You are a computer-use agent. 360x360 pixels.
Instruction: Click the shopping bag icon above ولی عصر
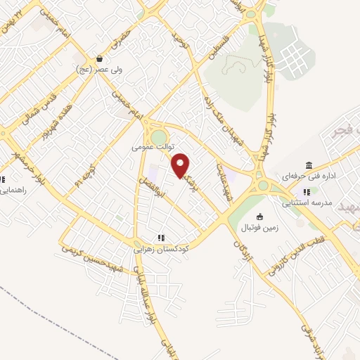[99, 58]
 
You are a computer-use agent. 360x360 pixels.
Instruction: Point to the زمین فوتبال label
[261, 228]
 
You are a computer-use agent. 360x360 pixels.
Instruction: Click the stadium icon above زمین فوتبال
[261, 217]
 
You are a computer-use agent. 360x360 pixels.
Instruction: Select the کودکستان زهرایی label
[161, 248]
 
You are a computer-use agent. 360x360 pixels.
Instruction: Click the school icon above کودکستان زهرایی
[161, 237]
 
